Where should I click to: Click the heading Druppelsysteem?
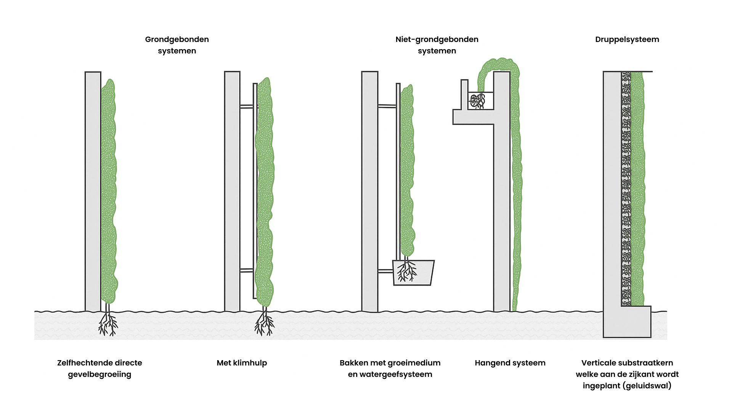pos(627,39)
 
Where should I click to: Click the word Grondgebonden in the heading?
pos(177,39)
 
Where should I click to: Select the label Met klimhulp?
pos(242,363)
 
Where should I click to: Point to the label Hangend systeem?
pos(510,363)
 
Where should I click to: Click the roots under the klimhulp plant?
pos(265,323)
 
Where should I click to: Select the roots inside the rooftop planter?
pos(477,101)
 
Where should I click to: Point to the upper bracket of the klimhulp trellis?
pos(247,106)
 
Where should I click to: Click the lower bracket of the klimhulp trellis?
pos(247,270)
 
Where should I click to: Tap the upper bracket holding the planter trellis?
pos(387,106)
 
